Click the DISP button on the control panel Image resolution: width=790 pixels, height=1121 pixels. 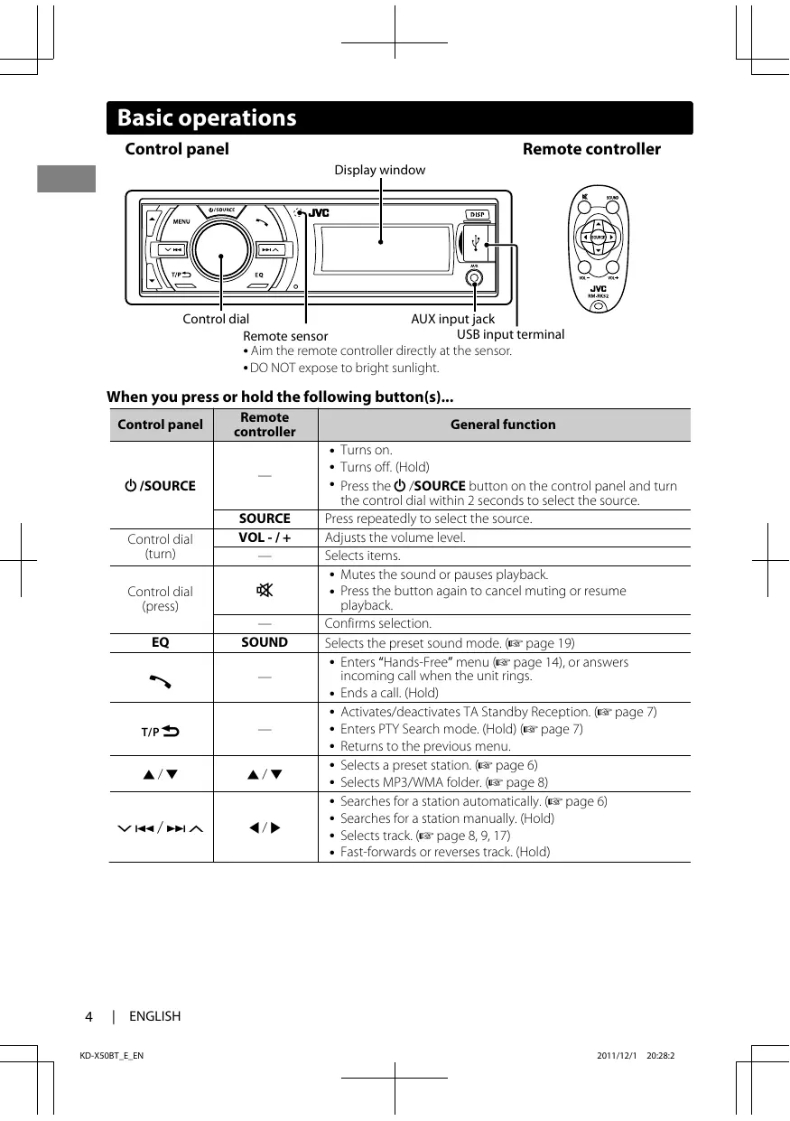point(478,214)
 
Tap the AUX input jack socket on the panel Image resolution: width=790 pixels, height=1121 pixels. point(474,277)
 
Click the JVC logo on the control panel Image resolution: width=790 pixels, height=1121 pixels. point(320,213)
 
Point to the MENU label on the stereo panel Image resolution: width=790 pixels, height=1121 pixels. point(181,222)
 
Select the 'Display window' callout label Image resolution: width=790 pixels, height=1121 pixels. point(380,170)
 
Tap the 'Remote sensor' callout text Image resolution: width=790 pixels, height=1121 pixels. point(285,336)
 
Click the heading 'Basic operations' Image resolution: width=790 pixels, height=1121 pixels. point(207,118)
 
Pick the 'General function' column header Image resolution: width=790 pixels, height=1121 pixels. point(503,425)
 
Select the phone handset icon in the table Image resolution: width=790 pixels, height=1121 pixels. point(161,677)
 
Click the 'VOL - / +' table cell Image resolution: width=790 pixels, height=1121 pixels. point(265,537)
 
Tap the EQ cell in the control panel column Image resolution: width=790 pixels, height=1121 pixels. point(161,643)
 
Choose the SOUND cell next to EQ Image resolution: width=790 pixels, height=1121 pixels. point(265,642)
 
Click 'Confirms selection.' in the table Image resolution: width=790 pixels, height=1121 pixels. point(378,623)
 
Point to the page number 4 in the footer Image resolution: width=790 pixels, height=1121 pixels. point(88,1016)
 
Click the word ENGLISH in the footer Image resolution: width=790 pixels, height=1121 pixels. point(154,1016)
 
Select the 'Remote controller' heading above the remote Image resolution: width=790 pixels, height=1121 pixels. point(591,149)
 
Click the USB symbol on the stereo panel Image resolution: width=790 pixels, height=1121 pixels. point(478,242)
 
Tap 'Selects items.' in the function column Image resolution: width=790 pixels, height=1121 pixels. point(362,556)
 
